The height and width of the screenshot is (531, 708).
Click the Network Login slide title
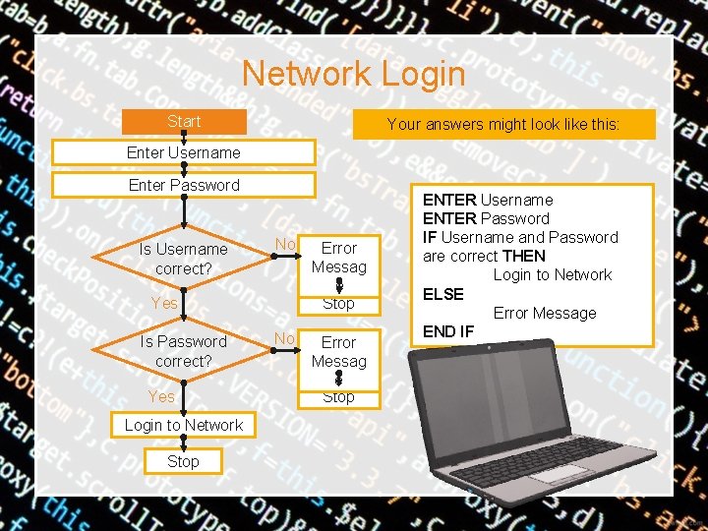coord(353,74)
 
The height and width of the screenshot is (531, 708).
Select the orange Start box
coord(184,122)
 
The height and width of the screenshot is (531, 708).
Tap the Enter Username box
coord(184,152)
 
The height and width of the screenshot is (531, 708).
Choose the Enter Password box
coord(184,185)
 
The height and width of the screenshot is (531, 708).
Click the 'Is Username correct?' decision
coord(184,259)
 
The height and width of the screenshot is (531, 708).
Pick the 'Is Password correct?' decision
coord(184,351)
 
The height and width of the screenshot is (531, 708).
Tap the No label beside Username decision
coord(285,244)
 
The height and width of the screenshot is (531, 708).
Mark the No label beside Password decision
coord(285,338)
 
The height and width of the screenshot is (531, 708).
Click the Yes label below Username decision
coord(163,303)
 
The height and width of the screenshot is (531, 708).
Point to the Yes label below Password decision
coord(161,396)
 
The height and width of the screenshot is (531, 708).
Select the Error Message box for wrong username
coord(338,258)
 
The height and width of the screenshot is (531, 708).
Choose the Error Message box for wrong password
coord(338,352)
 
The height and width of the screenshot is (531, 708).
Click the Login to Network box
coord(184,425)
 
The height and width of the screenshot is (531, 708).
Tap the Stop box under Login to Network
coord(183,460)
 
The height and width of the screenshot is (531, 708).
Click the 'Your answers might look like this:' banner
coord(503,125)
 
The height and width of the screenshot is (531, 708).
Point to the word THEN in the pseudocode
coord(524,256)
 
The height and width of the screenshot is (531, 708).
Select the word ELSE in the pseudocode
coord(443,293)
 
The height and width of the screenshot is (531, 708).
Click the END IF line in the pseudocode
coord(448,331)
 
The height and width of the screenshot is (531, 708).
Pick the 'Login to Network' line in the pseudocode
coord(552,274)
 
